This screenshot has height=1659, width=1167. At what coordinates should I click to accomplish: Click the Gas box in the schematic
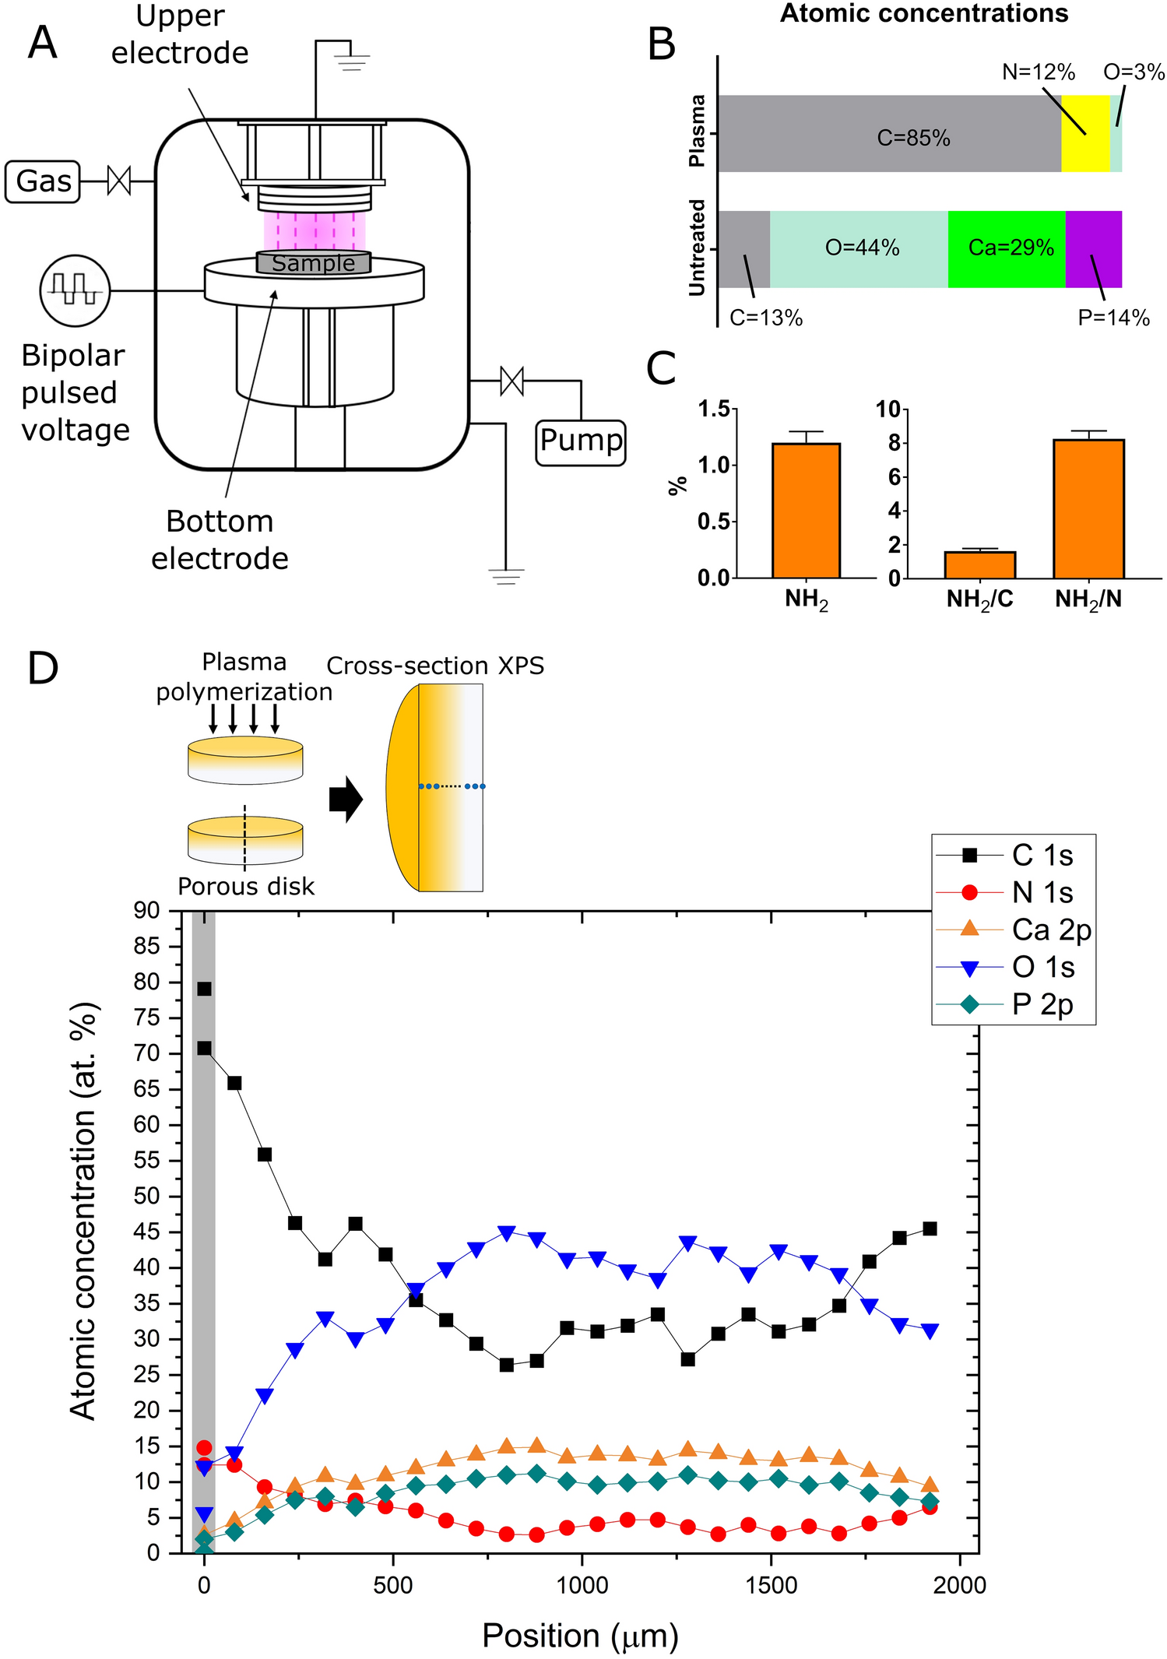coord(43,181)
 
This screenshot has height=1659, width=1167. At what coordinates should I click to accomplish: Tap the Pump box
coord(581,441)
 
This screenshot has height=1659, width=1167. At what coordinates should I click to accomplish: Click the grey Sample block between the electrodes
coord(314,263)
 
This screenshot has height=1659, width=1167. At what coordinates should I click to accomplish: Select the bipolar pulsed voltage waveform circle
coord(75,290)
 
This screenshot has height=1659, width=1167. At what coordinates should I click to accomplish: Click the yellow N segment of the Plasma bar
coord(1084,133)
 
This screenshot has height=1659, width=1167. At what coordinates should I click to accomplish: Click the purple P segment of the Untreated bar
coord(1093,248)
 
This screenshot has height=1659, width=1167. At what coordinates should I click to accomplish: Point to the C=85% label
coord(913,139)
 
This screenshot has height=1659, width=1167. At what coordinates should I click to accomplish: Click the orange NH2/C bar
coord(979,564)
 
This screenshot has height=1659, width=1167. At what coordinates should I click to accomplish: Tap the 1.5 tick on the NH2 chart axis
coord(714,409)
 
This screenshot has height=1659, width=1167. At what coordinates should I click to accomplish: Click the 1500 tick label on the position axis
coord(771,1585)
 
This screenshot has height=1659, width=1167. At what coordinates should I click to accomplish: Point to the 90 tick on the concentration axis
coord(146,910)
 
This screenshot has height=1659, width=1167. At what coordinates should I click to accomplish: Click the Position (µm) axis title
coord(580,1636)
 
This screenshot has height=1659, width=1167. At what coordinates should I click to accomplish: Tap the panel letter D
coord(43,668)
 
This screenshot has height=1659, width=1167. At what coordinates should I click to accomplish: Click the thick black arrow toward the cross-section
coord(346,799)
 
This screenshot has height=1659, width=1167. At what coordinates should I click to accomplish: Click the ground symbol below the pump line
coord(505,576)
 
